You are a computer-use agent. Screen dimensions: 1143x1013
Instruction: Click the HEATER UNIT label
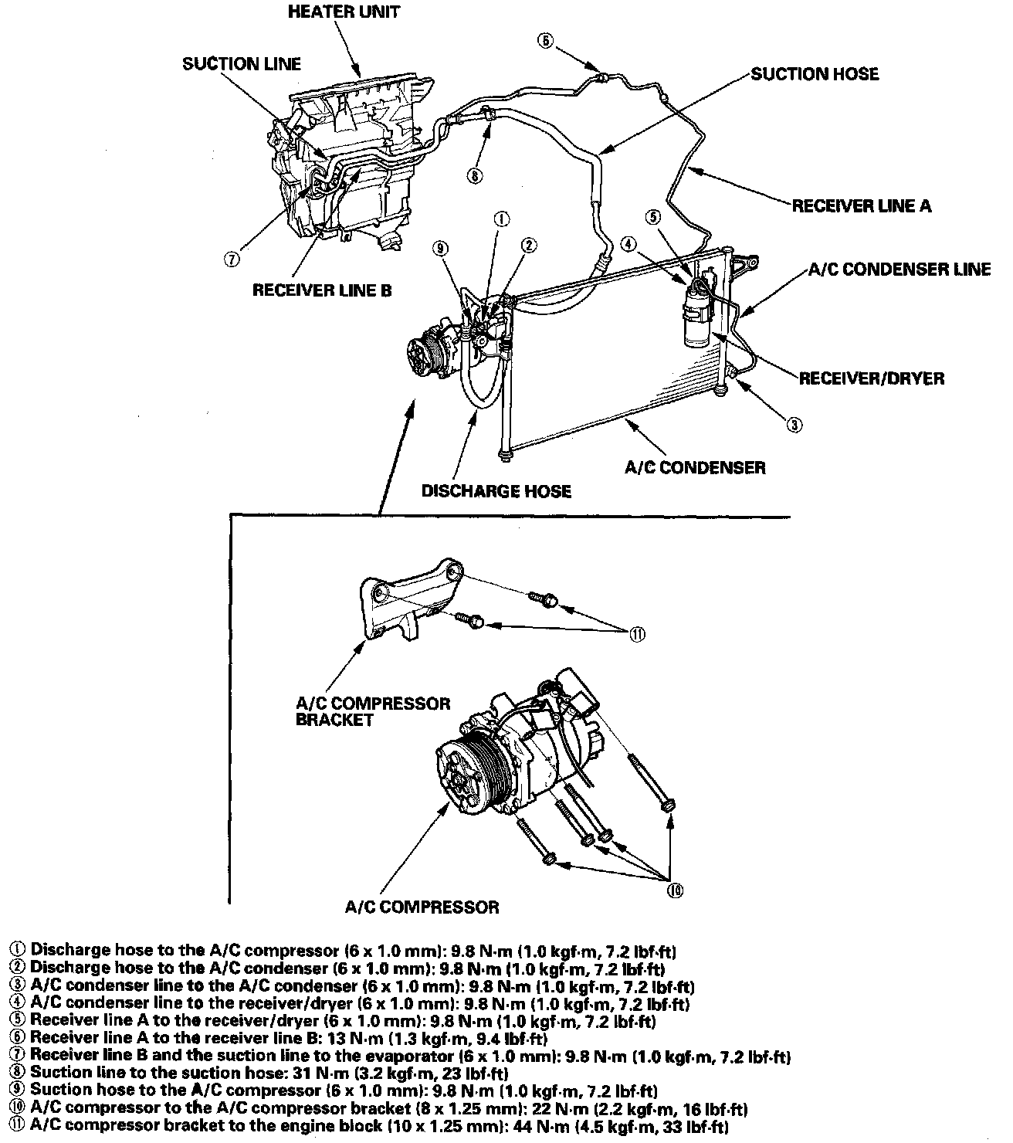coord(344,12)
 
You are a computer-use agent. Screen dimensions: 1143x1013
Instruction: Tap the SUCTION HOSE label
coord(815,74)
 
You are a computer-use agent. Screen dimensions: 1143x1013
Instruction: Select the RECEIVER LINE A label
coord(862,206)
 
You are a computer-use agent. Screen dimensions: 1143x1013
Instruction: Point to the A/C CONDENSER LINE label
coord(899,270)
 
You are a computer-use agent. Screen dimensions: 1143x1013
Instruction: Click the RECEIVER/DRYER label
coord(871,378)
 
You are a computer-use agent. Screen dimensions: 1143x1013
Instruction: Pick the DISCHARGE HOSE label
coord(496,491)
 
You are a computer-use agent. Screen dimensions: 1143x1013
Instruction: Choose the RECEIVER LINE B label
coord(322,290)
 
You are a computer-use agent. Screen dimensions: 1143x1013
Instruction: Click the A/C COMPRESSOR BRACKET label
coord(373,711)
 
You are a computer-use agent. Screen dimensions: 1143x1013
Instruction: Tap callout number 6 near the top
coord(545,42)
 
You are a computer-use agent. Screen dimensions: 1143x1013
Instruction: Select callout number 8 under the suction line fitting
coord(475,175)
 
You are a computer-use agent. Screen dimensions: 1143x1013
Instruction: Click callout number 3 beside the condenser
coord(794,423)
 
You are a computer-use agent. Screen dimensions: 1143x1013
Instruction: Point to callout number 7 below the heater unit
coord(231,259)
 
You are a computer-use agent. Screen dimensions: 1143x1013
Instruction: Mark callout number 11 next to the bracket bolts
coord(638,634)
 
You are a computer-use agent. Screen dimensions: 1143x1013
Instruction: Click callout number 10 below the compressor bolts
coord(675,890)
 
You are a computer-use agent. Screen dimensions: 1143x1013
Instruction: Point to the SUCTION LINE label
coord(242,64)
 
